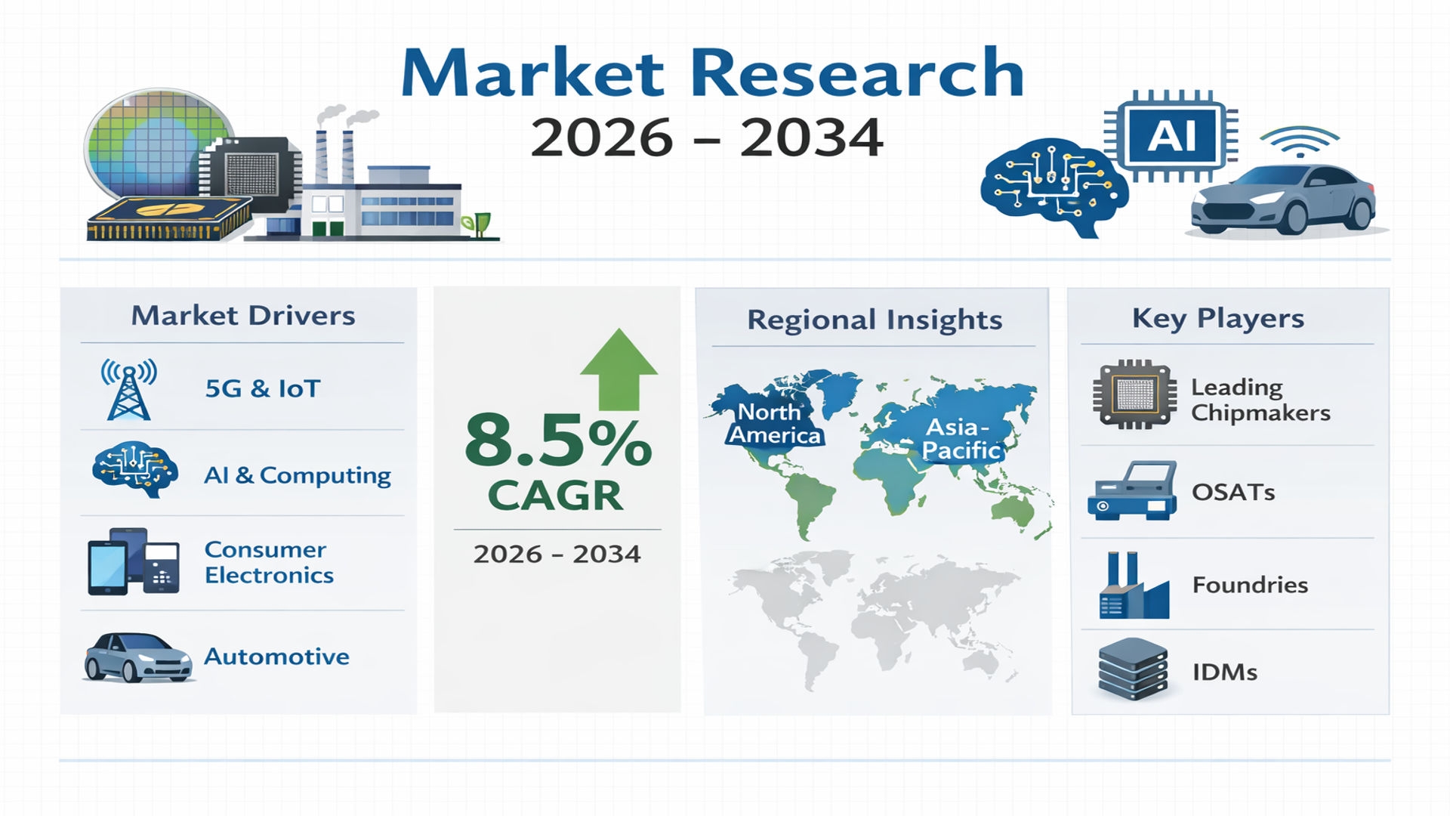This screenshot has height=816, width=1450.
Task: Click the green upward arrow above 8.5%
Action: tap(619, 369)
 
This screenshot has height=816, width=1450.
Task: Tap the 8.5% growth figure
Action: tap(557, 440)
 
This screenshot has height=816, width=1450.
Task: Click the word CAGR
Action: tap(555, 496)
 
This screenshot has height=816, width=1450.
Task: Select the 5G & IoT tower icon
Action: tap(129, 389)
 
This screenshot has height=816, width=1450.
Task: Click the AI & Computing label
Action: tap(298, 475)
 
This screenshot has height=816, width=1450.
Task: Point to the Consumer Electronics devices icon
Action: tap(134, 561)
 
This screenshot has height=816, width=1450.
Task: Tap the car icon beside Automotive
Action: tap(137, 657)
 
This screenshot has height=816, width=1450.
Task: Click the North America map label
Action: tap(773, 424)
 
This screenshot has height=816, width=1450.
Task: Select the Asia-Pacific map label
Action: tap(961, 438)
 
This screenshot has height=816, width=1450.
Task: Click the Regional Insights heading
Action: tap(875, 320)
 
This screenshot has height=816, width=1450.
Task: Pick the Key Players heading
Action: tap(1218, 318)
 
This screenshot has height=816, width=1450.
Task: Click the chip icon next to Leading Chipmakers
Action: tap(1134, 394)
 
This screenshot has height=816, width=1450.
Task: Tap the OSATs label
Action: tap(1233, 493)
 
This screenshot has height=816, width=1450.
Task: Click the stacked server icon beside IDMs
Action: tap(1133, 669)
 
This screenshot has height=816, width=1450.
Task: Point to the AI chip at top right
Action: tap(1171, 137)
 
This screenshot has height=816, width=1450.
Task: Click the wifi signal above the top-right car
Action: tap(1299, 141)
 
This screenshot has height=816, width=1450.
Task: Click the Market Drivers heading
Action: tap(243, 316)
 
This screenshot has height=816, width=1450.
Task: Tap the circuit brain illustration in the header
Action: tap(1054, 187)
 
